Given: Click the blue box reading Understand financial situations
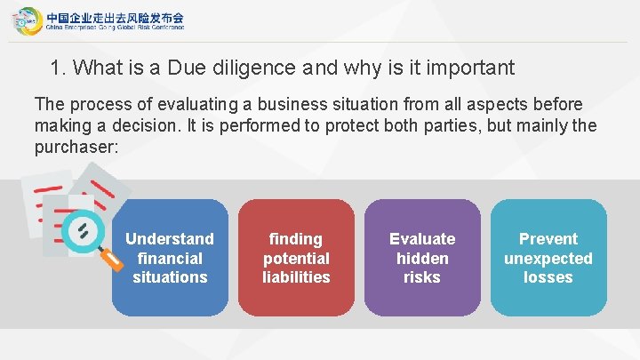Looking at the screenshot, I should click(169, 258).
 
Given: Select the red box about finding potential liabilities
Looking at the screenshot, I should click(296, 258).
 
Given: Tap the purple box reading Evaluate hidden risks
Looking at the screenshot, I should click(422, 258).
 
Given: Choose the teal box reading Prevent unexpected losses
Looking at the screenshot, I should click(548, 258).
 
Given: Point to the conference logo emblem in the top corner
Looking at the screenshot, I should click(27, 20).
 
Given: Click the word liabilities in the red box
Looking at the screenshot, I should click(296, 277).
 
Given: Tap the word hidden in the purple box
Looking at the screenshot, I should click(422, 258).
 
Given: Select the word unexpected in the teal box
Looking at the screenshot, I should click(548, 258).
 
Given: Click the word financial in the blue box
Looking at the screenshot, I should click(169, 258).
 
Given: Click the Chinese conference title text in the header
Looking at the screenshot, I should click(115, 16).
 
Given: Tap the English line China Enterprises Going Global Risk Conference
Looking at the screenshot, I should click(115, 28).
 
